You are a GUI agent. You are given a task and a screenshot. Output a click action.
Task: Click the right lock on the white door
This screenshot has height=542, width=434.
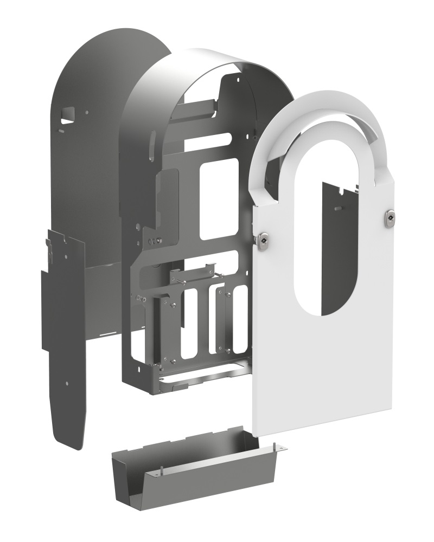(390, 218)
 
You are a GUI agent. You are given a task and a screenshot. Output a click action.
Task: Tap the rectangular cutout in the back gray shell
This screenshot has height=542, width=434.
(67, 113)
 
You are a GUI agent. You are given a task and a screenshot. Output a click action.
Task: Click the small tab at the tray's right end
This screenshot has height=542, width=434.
(280, 448)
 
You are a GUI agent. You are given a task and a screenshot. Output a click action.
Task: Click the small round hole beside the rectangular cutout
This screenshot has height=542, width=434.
(86, 113)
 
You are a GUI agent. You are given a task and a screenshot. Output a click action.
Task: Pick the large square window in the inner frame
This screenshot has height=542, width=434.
(219, 199)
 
